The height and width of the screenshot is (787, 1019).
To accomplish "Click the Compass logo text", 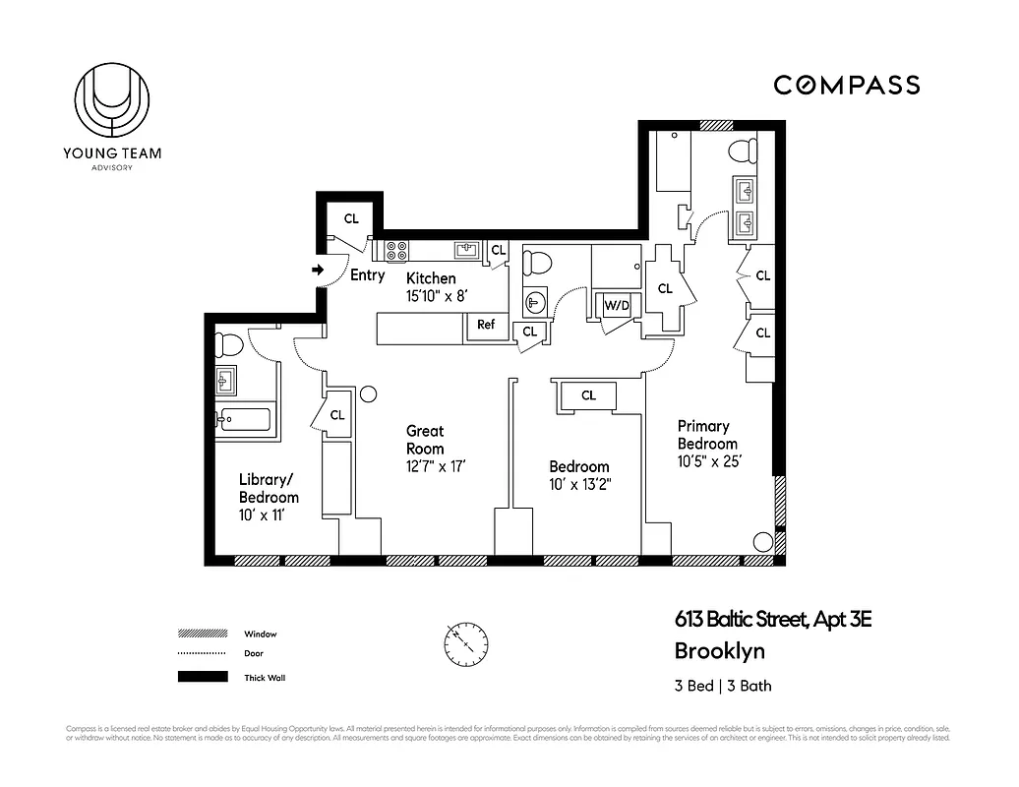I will point(846,86).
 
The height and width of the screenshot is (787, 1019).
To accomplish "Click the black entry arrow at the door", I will point(318,269).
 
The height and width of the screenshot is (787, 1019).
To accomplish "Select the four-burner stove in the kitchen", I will point(397,252).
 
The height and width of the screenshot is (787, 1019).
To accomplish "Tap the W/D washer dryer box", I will point(617,306).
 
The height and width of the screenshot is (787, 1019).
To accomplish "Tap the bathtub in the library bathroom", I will point(243,420).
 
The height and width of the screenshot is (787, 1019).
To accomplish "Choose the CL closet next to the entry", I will point(351,218).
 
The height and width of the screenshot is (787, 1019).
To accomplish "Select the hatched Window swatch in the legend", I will point(203,635).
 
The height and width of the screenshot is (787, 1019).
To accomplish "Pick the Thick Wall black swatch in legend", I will point(203,677).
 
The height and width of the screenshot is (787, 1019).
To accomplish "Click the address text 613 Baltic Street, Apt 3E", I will point(773,620).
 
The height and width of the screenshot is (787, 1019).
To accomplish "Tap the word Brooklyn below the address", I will point(719,651).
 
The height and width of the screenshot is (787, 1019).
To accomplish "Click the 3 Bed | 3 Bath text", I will point(723,686).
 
